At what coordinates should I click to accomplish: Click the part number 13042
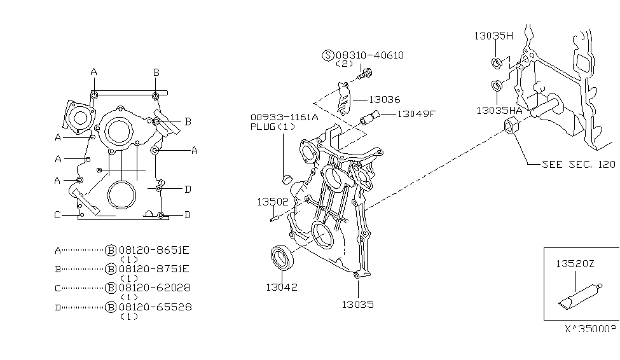pyautogui.click(x=282, y=287)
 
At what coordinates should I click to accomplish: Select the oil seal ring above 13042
pyautogui.click(x=281, y=260)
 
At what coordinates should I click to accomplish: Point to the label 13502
pyautogui.click(x=273, y=202)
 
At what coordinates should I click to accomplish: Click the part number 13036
pyautogui.click(x=385, y=99)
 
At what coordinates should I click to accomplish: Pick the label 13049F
pyautogui.click(x=417, y=114)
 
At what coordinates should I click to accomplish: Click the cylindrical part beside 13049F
pyautogui.click(x=369, y=118)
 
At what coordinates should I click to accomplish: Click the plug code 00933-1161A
pyautogui.click(x=284, y=117)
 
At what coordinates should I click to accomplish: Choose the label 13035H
pyautogui.click(x=493, y=36)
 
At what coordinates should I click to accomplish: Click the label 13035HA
pyautogui.click(x=499, y=110)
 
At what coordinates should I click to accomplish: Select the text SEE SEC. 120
pyautogui.click(x=578, y=164)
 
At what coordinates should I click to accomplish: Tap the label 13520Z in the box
pyautogui.click(x=575, y=263)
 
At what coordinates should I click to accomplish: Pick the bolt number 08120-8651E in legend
pyautogui.click(x=154, y=250)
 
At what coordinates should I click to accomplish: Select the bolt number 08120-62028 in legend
pyautogui.click(x=154, y=287)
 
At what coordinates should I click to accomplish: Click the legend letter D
pyautogui.click(x=58, y=307)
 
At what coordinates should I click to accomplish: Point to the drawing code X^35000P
pyautogui.click(x=590, y=329)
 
